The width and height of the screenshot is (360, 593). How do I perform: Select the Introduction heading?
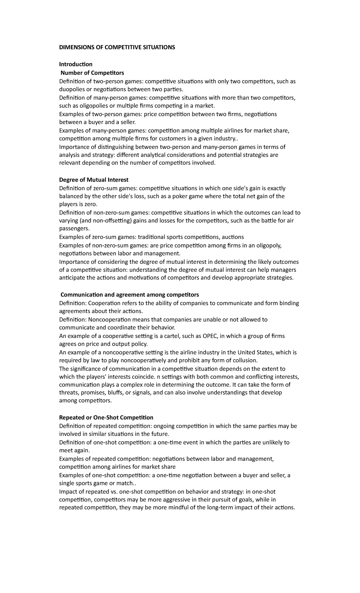tap(76, 64)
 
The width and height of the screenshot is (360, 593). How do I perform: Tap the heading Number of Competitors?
tap(92, 73)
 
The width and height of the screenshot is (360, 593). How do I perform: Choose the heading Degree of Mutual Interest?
tap(94, 180)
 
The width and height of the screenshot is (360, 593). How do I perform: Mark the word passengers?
tap(74, 229)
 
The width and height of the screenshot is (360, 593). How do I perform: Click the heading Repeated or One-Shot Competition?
tap(106, 417)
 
